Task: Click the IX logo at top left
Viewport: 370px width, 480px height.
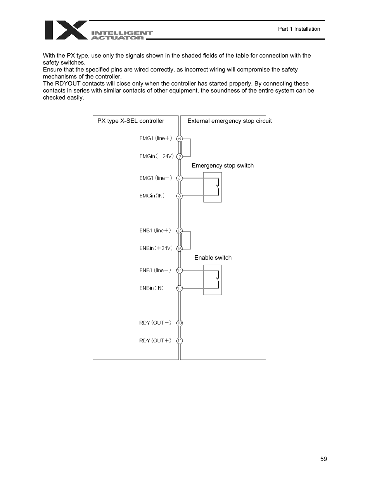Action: [66, 30]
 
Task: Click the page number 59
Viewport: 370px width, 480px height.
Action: [323, 459]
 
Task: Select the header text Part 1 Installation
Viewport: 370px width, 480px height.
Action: [299, 29]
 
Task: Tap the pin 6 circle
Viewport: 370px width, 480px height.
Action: [180, 139]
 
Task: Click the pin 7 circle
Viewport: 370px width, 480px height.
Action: [180, 157]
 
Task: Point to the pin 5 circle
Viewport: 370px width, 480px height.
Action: [180, 178]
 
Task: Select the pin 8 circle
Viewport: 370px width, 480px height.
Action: [180, 196]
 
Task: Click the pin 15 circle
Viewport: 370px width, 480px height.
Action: [180, 231]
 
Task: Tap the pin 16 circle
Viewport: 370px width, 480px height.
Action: [180, 249]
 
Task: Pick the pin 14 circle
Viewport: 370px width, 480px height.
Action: [180, 270]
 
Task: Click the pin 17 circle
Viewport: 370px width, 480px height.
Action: [180, 288]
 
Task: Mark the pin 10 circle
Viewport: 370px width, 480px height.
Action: [180, 323]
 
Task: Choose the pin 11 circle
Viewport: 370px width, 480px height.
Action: [180, 341]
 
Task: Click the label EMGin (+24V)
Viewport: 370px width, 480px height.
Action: [156, 156]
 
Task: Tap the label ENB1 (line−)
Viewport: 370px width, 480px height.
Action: [155, 270]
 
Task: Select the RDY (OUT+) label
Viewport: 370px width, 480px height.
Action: [155, 340]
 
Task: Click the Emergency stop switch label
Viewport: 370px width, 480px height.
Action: [223, 166]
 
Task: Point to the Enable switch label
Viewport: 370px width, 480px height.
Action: [213, 258]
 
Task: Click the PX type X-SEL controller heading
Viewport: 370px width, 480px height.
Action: [131, 121]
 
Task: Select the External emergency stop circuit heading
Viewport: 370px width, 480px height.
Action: [230, 121]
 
